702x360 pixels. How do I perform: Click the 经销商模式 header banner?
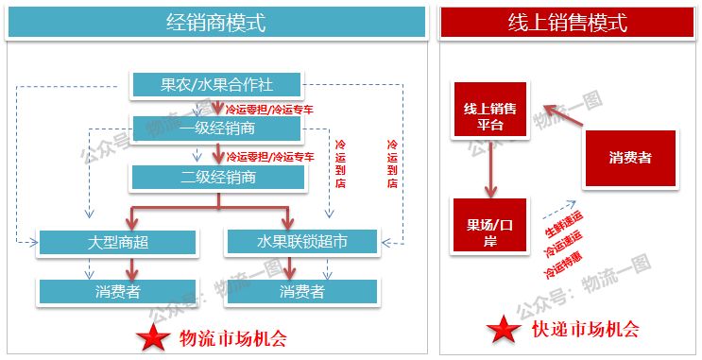[x=215, y=22]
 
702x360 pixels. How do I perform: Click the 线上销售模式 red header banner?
[x=567, y=22]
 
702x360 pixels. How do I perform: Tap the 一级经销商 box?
[x=216, y=128]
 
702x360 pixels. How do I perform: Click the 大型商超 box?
[x=118, y=242]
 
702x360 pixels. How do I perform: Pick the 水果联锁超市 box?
[x=301, y=242]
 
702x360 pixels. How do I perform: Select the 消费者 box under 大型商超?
[x=118, y=291]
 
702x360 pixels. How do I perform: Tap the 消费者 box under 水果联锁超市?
[x=301, y=291]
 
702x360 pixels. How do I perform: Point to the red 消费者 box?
[x=630, y=158]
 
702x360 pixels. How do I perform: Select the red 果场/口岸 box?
[x=489, y=226]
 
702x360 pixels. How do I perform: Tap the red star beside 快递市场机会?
[x=504, y=331]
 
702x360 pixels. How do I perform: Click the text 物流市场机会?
[x=231, y=335]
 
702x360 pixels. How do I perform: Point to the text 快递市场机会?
[x=585, y=330]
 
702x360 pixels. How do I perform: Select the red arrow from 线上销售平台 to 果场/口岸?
[x=489, y=171]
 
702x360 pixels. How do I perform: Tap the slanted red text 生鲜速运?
[x=563, y=229]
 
